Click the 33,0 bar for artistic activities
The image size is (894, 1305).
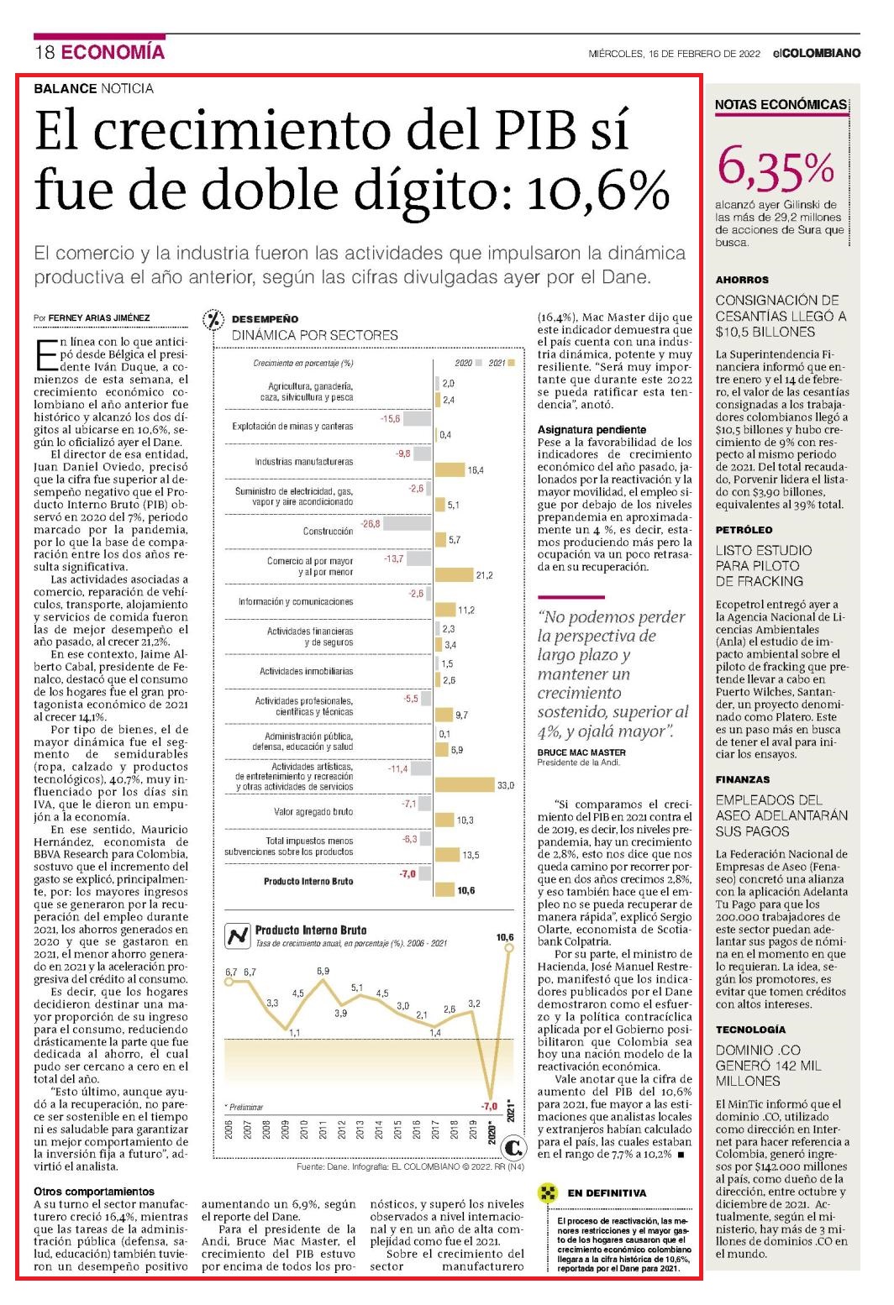[x=465, y=784]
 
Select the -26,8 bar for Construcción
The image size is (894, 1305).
[x=408, y=524]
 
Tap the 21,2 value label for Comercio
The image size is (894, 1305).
[x=484, y=575]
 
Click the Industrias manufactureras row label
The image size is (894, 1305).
[x=303, y=461]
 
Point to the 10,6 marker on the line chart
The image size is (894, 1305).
[x=509, y=948]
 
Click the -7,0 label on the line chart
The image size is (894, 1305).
[x=489, y=1106]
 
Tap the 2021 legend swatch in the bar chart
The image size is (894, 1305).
[x=511, y=363]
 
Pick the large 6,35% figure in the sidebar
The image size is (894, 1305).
[x=776, y=168]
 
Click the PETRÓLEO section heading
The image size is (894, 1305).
[x=744, y=530]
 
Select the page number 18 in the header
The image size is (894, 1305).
[x=45, y=52]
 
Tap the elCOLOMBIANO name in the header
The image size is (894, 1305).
[x=817, y=54]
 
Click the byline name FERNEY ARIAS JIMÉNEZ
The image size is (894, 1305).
[x=98, y=317]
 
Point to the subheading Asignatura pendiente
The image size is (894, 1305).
[x=592, y=429]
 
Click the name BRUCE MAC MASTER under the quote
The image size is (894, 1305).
[x=581, y=752]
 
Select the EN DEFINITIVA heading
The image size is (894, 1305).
[x=607, y=1192]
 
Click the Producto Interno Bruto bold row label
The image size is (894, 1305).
[x=308, y=881]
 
